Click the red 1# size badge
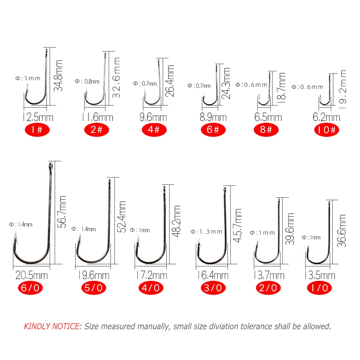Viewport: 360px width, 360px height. (x=37, y=130)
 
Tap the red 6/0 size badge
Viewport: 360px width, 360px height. (x=30, y=288)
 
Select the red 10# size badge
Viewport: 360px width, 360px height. (x=327, y=130)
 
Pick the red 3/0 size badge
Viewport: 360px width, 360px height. (x=213, y=288)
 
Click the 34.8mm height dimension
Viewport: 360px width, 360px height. (x=58, y=76)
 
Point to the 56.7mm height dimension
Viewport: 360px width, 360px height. (x=62, y=212)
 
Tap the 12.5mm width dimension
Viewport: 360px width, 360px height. (x=38, y=117)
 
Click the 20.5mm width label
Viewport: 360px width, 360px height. (x=32, y=275)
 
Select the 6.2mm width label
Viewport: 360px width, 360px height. (x=326, y=117)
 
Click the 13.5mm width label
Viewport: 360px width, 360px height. (x=320, y=275)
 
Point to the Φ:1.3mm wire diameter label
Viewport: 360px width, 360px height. (x=206, y=231)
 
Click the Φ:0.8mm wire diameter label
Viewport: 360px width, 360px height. (x=87, y=81)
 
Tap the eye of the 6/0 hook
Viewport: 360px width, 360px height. (x=51, y=166)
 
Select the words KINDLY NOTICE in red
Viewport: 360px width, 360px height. (x=53, y=326)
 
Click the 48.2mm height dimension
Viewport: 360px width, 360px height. (x=176, y=221)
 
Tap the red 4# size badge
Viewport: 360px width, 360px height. (x=154, y=130)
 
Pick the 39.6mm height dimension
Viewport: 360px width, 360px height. (x=290, y=229)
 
